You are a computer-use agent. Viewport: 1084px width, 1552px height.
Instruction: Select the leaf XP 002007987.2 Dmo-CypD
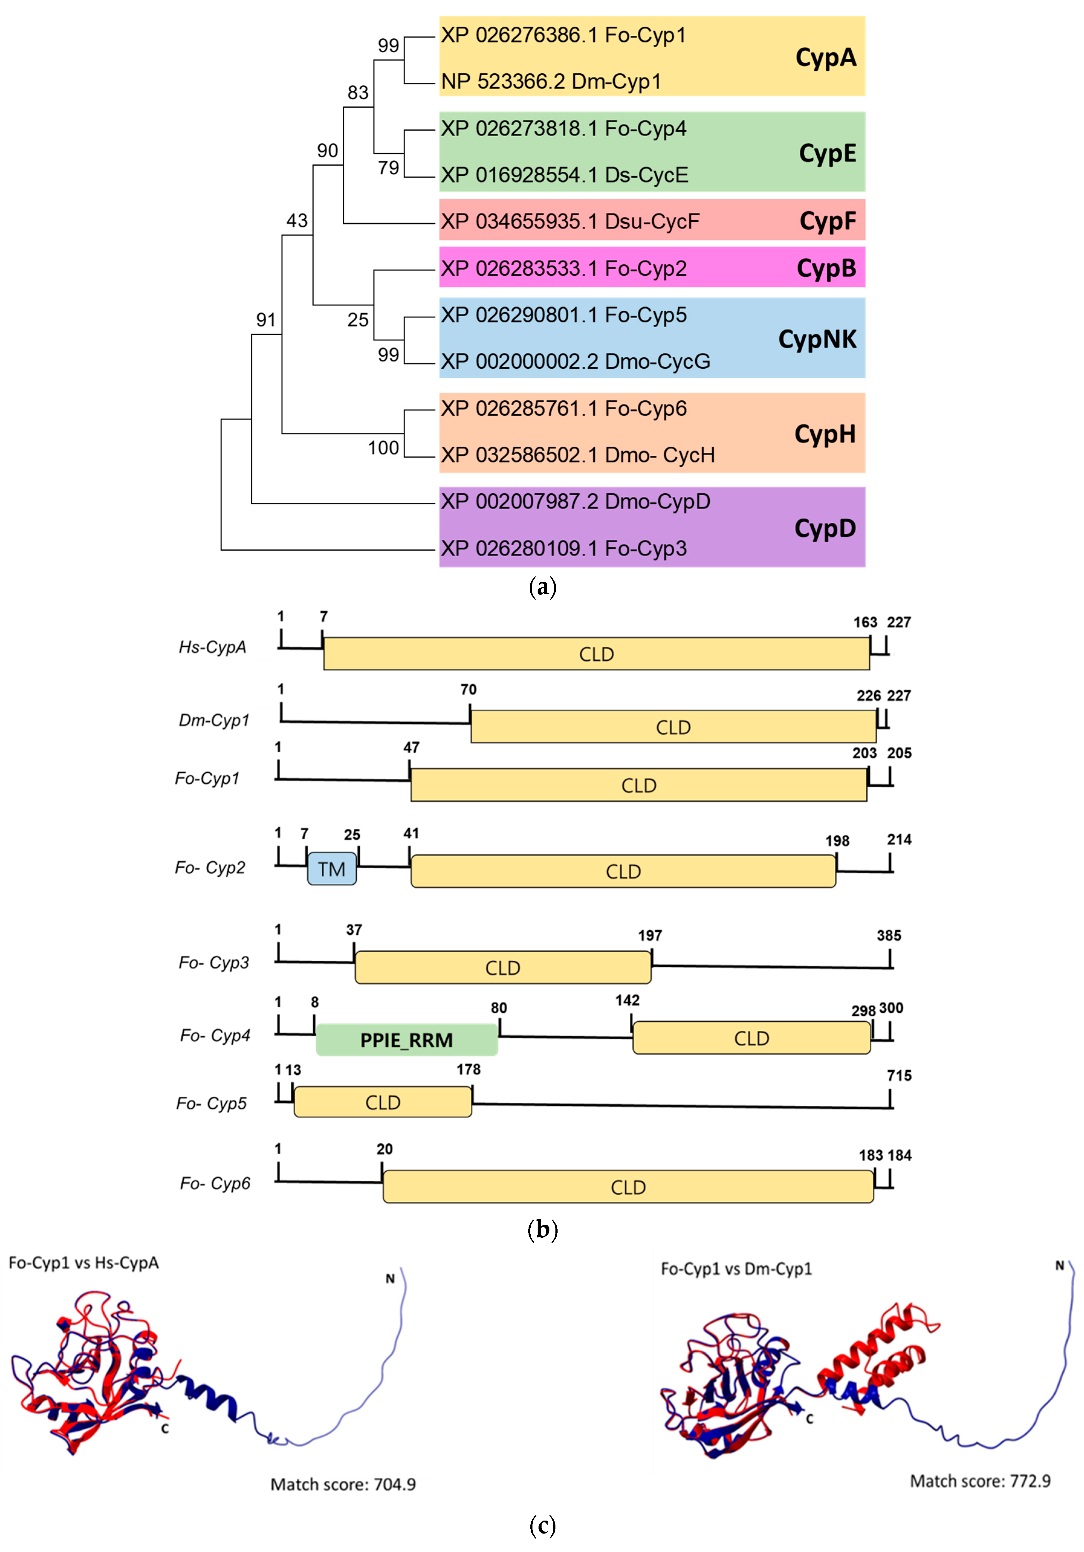[x=575, y=502]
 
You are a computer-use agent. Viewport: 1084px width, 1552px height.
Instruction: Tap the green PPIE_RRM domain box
[x=406, y=1040]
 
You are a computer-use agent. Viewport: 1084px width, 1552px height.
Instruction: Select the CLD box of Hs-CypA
[x=596, y=654]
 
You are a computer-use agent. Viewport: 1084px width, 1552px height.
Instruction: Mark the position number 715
[x=899, y=1075]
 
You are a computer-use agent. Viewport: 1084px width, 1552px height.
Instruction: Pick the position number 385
[x=889, y=936]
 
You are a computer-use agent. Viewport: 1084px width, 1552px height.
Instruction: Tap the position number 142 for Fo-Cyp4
[x=627, y=1001]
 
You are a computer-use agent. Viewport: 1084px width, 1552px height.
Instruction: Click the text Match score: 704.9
[x=343, y=1484]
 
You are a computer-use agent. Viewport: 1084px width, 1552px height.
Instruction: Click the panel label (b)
[x=542, y=1230]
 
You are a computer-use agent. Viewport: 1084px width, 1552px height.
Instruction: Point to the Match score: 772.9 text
[x=980, y=1481]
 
